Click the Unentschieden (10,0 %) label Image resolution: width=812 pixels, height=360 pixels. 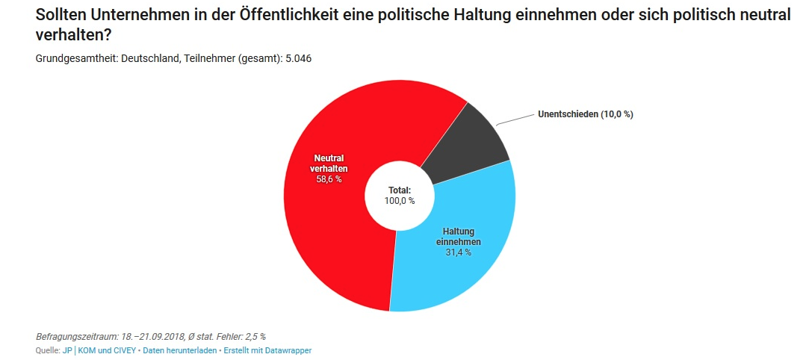585,114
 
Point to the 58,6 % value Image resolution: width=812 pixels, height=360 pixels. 329,179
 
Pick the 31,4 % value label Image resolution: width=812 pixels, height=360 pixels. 458,252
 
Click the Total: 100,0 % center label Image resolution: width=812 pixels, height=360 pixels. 400,196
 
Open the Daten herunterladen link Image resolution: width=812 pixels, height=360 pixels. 179,350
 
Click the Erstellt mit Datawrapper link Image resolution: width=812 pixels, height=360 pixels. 267,350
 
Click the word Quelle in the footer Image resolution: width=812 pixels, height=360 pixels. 47,350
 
